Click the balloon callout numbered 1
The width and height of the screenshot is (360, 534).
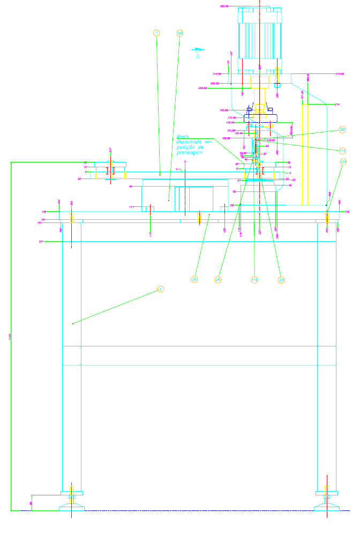click(156, 33)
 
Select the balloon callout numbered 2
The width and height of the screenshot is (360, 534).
click(160, 289)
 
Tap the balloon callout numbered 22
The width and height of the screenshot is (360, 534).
click(343, 129)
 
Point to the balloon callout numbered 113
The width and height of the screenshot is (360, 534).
click(343, 150)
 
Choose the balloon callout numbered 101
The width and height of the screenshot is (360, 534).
click(343, 161)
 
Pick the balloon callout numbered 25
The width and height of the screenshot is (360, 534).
click(194, 279)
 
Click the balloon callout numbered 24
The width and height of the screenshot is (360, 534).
click(218, 279)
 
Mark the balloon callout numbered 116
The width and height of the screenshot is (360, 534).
click(254, 279)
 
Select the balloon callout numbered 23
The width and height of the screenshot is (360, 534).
click(281, 279)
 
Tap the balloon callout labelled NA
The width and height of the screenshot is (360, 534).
click(179, 33)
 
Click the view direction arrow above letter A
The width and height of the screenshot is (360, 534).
click(198, 49)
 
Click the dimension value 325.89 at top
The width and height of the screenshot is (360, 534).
click(224, 6)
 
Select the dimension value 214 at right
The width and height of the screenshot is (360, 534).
click(337, 104)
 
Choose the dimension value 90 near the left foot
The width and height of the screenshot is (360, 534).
click(31, 503)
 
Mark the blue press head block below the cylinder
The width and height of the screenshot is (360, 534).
click(260, 118)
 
